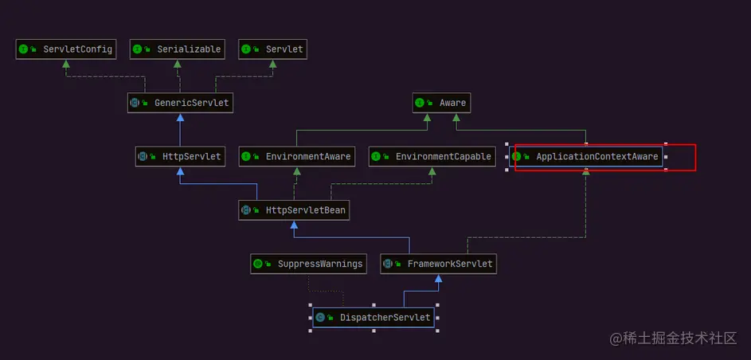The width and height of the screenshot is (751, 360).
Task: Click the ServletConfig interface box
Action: point(66,49)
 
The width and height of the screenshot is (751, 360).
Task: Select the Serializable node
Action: point(178,49)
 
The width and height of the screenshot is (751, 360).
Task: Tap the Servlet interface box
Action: point(272,49)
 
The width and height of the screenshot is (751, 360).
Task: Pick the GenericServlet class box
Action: point(180,103)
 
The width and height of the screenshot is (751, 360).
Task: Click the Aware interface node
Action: point(441,103)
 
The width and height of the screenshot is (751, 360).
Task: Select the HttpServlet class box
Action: point(180,157)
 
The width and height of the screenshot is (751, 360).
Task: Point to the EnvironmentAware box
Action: point(297,157)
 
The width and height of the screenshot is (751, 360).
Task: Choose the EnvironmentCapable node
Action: point(432,157)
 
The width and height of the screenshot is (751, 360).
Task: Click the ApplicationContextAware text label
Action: point(596,157)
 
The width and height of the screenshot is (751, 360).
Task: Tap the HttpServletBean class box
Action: point(294,210)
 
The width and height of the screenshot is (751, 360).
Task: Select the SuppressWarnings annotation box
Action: point(308,264)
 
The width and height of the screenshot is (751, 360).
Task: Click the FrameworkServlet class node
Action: point(438,264)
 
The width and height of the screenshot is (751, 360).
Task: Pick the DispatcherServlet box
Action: point(374,318)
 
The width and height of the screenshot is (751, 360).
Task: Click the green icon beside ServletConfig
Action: point(23,49)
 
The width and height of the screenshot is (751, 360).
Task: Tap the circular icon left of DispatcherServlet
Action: point(320,318)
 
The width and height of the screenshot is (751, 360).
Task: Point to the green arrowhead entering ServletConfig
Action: point(66,63)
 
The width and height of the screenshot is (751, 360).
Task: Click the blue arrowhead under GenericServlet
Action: point(180,117)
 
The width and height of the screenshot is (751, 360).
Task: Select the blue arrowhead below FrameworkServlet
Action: point(438,278)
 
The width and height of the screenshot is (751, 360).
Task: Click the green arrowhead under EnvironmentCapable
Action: point(432,170)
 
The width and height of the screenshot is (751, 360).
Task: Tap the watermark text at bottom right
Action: point(673,338)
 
